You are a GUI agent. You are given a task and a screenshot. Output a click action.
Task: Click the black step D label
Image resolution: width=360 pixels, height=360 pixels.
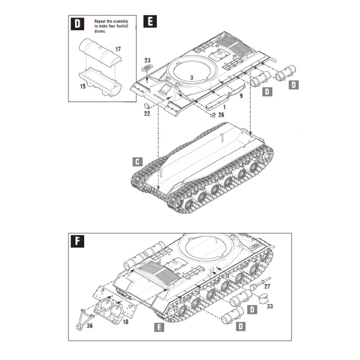78,24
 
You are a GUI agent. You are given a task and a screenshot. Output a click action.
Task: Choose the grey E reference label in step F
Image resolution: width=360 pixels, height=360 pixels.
158,328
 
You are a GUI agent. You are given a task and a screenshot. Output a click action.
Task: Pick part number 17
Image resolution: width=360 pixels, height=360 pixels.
118,49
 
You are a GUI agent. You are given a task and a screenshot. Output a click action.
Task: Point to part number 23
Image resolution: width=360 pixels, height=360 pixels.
148,60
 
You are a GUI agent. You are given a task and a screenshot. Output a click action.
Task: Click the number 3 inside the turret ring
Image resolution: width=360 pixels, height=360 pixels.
191,78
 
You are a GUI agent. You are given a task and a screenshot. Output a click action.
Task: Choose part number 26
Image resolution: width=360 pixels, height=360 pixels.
220,115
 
